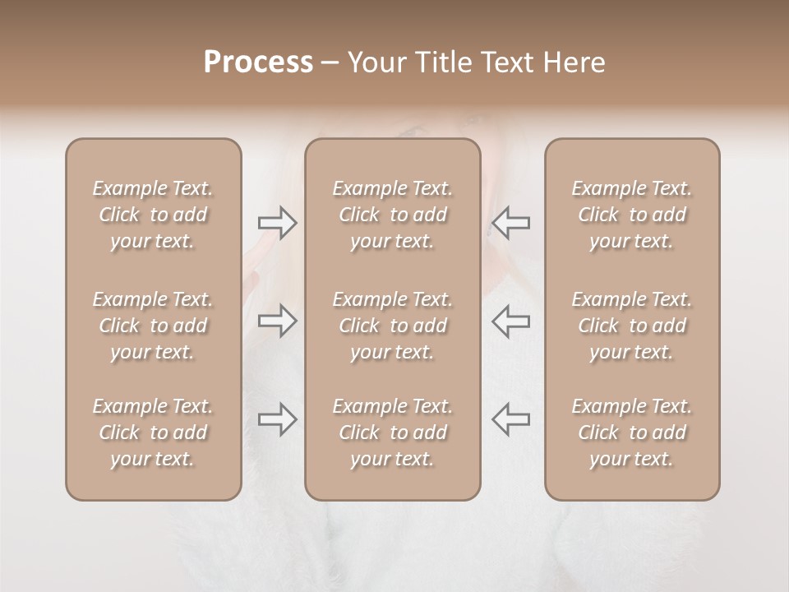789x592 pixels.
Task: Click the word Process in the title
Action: pos(258,62)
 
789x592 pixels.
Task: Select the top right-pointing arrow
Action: pos(277,223)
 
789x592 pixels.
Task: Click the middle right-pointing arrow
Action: pos(277,320)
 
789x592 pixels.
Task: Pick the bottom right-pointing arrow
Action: pos(277,419)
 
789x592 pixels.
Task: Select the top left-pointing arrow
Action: pos(510,223)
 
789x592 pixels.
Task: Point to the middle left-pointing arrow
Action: pos(510,320)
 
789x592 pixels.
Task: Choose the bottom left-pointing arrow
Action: pos(510,419)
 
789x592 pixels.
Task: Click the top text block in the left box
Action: pos(153,215)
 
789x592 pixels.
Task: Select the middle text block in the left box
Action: pos(153,326)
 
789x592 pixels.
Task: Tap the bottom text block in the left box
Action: pos(153,432)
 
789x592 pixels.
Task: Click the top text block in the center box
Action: pos(392,215)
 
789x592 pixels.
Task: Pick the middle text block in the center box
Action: pos(392,326)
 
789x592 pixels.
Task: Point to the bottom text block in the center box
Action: pos(392,432)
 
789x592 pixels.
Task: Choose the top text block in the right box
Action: pos(632,215)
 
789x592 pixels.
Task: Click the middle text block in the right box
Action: pos(632,326)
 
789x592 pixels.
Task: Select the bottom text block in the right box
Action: pos(632,432)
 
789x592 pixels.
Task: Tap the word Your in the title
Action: pos(375,62)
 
